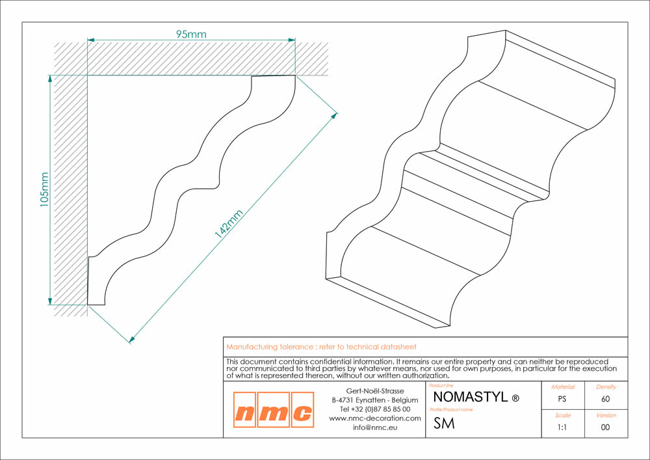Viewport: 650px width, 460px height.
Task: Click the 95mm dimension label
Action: [x=191, y=34]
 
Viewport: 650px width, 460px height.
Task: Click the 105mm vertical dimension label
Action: [x=44, y=189]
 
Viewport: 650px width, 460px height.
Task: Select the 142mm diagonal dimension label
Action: [x=228, y=224]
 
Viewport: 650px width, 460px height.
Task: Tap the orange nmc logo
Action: [x=274, y=410]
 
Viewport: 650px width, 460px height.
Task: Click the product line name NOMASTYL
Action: [x=470, y=397]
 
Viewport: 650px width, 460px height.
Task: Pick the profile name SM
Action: [x=444, y=423]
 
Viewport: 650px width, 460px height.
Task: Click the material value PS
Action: [x=562, y=399]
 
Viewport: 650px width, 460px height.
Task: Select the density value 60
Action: [x=606, y=399]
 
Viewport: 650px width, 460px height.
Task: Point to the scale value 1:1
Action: [x=562, y=427]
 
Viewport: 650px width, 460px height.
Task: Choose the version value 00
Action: [x=606, y=427]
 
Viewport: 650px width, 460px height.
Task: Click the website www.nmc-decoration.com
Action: [x=375, y=418]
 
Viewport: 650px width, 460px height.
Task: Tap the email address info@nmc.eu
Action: [x=375, y=427]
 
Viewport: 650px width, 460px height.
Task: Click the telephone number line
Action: [x=375, y=409]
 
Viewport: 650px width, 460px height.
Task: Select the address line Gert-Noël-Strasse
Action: [x=375, y=391]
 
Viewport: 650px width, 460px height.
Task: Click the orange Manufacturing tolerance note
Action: [x=321, y=347]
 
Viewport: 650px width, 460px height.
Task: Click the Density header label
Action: [x=606, y=387]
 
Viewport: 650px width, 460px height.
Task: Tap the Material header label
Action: [x=563, y=387]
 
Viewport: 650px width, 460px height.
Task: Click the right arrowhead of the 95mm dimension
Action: [x=292, y=40]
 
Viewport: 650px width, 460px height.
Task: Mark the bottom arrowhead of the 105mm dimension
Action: [x=50, y=301]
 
